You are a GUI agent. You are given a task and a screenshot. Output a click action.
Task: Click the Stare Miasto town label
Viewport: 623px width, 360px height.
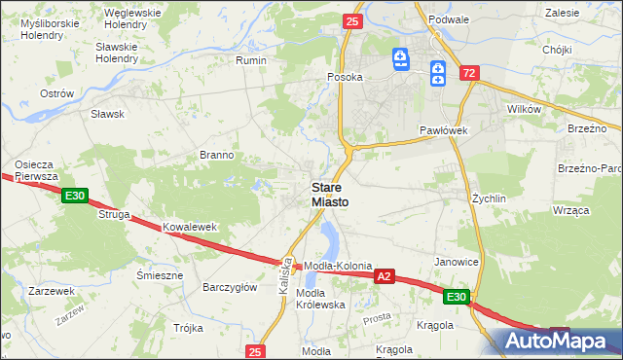pyautogui.click(x=331, y=194)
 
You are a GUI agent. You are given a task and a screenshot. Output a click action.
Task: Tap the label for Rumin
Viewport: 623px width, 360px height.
pyautogui.click(x=251, y=59)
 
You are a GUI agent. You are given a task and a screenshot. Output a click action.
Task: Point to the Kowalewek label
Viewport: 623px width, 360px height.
pyautogui.click(x=189, y=227)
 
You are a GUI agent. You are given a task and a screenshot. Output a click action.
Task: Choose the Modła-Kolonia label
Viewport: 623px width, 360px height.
pyautogui.click(x=338, y=266)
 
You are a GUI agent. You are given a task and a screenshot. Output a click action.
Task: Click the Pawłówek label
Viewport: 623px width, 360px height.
pyautogui.click(x=445, y=129)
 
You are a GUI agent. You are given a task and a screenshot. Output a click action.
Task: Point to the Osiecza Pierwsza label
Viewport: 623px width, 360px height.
pyautogui.click(x=38, y=170)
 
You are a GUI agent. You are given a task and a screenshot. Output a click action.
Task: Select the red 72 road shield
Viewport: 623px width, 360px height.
pyautogui.click(x=470, y=73)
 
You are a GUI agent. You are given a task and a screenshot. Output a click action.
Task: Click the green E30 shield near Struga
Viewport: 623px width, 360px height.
pyautogui.click(x=75, y=197)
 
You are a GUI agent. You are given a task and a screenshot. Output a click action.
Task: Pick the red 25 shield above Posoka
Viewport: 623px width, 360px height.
pyautogui.click(x=352, y=20)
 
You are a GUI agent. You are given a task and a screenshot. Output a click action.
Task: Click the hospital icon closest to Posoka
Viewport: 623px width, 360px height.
pyautogui.click(x=400, y=60)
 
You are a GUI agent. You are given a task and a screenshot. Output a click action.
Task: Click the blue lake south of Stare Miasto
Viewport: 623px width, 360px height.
pyautogui.click(x=328, y=238)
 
